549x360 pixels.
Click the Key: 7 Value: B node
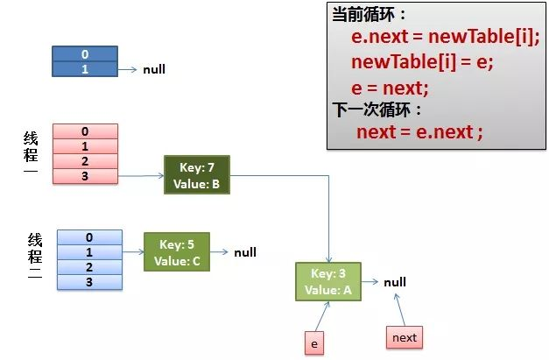coord(196,175)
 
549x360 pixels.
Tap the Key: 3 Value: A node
coord(327,281)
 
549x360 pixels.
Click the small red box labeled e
coord(313,343)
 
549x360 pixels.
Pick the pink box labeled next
coord(405,337)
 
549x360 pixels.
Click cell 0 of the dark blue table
coord(85,54)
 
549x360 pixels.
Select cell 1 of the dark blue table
coord(85,68)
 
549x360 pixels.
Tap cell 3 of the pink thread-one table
coord(85,176)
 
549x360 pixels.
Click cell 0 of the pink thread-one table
coord(85,131)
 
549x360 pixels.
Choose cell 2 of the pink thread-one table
coord(85,161)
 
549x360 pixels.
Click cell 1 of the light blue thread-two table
coord(88,252)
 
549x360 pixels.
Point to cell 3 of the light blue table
coord(88,282)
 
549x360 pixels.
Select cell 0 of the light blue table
coord(88,237)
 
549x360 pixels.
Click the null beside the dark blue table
coord(154,69)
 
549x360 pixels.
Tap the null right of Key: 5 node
coord(245,252)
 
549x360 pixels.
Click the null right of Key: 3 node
coord(395,282)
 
